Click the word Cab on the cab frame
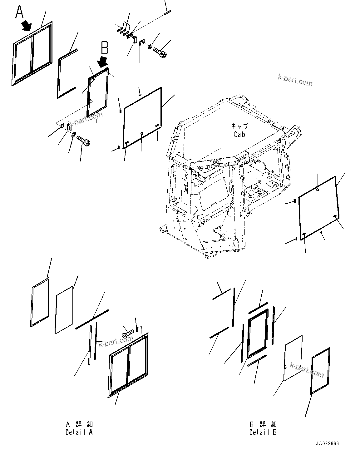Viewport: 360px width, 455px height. [239, 134]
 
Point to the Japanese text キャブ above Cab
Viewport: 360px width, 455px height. [239, 126]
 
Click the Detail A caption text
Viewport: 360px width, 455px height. [79, 432]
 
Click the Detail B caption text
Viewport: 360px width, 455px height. [263, 432]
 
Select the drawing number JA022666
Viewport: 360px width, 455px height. [327, 444]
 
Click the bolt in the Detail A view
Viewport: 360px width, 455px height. [128, 333]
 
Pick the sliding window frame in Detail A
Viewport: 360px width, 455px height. [128, 365]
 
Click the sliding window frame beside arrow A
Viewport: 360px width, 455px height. [32, 53]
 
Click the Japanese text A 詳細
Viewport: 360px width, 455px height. [79, 424]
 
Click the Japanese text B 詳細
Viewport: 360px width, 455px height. [263, 424]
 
